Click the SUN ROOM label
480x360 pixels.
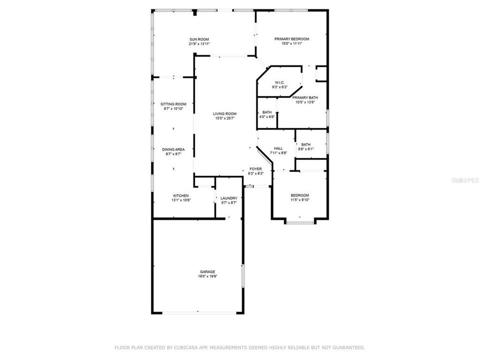(199, 39)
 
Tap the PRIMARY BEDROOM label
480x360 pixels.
(292, 39)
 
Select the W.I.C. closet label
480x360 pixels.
(279, 82)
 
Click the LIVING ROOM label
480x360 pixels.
(225, 113)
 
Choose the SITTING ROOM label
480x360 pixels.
(173, 104)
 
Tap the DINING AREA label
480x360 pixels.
(173, 149)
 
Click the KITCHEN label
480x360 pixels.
(181, 195)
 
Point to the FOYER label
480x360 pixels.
(256, 169)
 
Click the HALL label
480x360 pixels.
(278, 148)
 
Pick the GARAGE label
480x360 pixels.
(208, 271)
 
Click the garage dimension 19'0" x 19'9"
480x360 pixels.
(208, 276)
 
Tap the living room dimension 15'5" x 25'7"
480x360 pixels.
(225, 118)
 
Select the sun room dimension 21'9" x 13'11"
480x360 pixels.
(199, 44)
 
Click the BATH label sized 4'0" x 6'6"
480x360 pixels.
(267, 112)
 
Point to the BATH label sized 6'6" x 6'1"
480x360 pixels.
(305, 144)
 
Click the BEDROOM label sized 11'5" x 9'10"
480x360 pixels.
(300, 195)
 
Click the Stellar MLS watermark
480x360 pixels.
(464, 179)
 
